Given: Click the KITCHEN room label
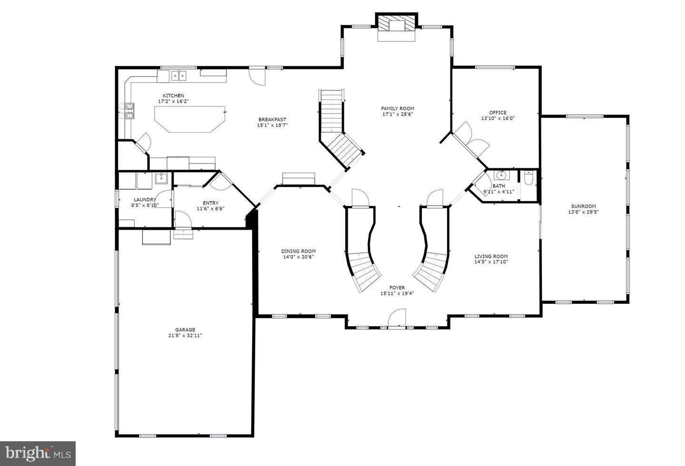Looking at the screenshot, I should tap(173, 96).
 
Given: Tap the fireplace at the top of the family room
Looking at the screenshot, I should tap(397, 27).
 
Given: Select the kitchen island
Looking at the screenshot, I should tap(189, 119).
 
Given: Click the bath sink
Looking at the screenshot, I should tap(501, 175).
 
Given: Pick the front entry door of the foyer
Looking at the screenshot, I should tap(397, 319).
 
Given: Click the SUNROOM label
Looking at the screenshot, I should tap(583, 206).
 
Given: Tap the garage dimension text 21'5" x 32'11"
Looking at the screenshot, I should tap(185, 335).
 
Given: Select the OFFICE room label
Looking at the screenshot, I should tap(498, 113).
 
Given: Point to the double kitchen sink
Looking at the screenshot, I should tap(178, 75).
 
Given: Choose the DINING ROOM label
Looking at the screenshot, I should tap(298, 252).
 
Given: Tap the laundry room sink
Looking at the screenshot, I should tap(161, 179).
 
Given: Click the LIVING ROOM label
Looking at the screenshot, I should tap(491, 256).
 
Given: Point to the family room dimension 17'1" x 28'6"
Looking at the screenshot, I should tap(398, 114).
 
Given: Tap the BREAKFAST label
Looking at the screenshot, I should tap(273, 119).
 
